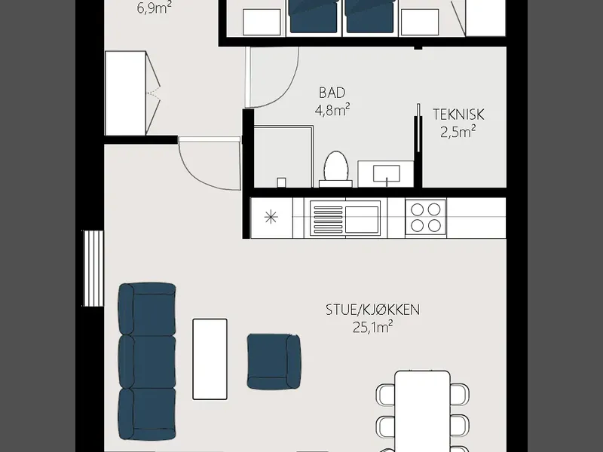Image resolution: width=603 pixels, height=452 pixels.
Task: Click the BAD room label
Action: tap(332, 93)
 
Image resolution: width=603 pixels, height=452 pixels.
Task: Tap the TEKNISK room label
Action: tap(458, 115)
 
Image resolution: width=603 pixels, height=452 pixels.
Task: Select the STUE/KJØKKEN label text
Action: tap(372, 310)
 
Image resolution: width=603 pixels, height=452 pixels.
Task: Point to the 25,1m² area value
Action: tap(372, 327)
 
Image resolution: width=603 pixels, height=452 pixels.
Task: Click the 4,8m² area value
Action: tap(332, 110)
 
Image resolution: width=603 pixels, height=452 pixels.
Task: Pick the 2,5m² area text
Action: tap(458, 132)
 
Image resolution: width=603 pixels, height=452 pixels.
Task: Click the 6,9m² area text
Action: tap(155, 8)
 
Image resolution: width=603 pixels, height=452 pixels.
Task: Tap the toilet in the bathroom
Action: tap(335, 169)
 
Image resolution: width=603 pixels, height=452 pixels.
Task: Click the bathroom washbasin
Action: tap(386, 174)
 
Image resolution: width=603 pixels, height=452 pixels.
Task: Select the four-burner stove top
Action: tap(426, 217)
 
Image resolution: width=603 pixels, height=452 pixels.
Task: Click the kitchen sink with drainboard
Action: tap(345, 218)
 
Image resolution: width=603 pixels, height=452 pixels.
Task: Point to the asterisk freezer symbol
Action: tap(271, 218)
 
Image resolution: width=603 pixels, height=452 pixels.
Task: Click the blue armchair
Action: tap(274, 362)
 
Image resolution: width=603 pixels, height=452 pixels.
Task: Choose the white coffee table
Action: tap(210, 359)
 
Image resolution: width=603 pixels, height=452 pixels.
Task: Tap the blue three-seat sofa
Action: tap(147, 362)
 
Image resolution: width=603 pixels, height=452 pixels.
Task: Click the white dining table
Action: tap(423, 411)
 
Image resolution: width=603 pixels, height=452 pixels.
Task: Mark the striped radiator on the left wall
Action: tap(93, 268)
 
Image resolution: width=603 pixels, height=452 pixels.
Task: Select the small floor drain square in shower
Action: tap(281, 182)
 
